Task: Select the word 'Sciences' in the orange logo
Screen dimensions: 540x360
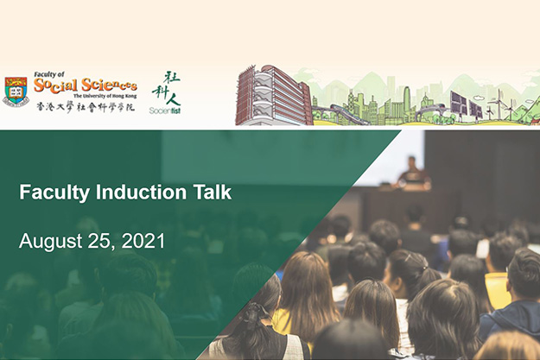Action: tap(109, 85)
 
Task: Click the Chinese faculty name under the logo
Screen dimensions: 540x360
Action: tap(86, 107)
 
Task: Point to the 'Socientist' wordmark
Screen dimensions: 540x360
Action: tap(165, 111)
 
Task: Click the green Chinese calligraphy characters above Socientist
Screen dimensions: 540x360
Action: tap(167, 88)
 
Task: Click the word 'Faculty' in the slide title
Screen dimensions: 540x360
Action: tap(54, 193)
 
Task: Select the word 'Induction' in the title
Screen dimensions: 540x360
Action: tap(141, 192)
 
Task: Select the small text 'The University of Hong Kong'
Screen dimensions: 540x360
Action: tap(105, 96)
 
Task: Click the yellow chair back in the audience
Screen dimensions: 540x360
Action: tap(497, 291)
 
